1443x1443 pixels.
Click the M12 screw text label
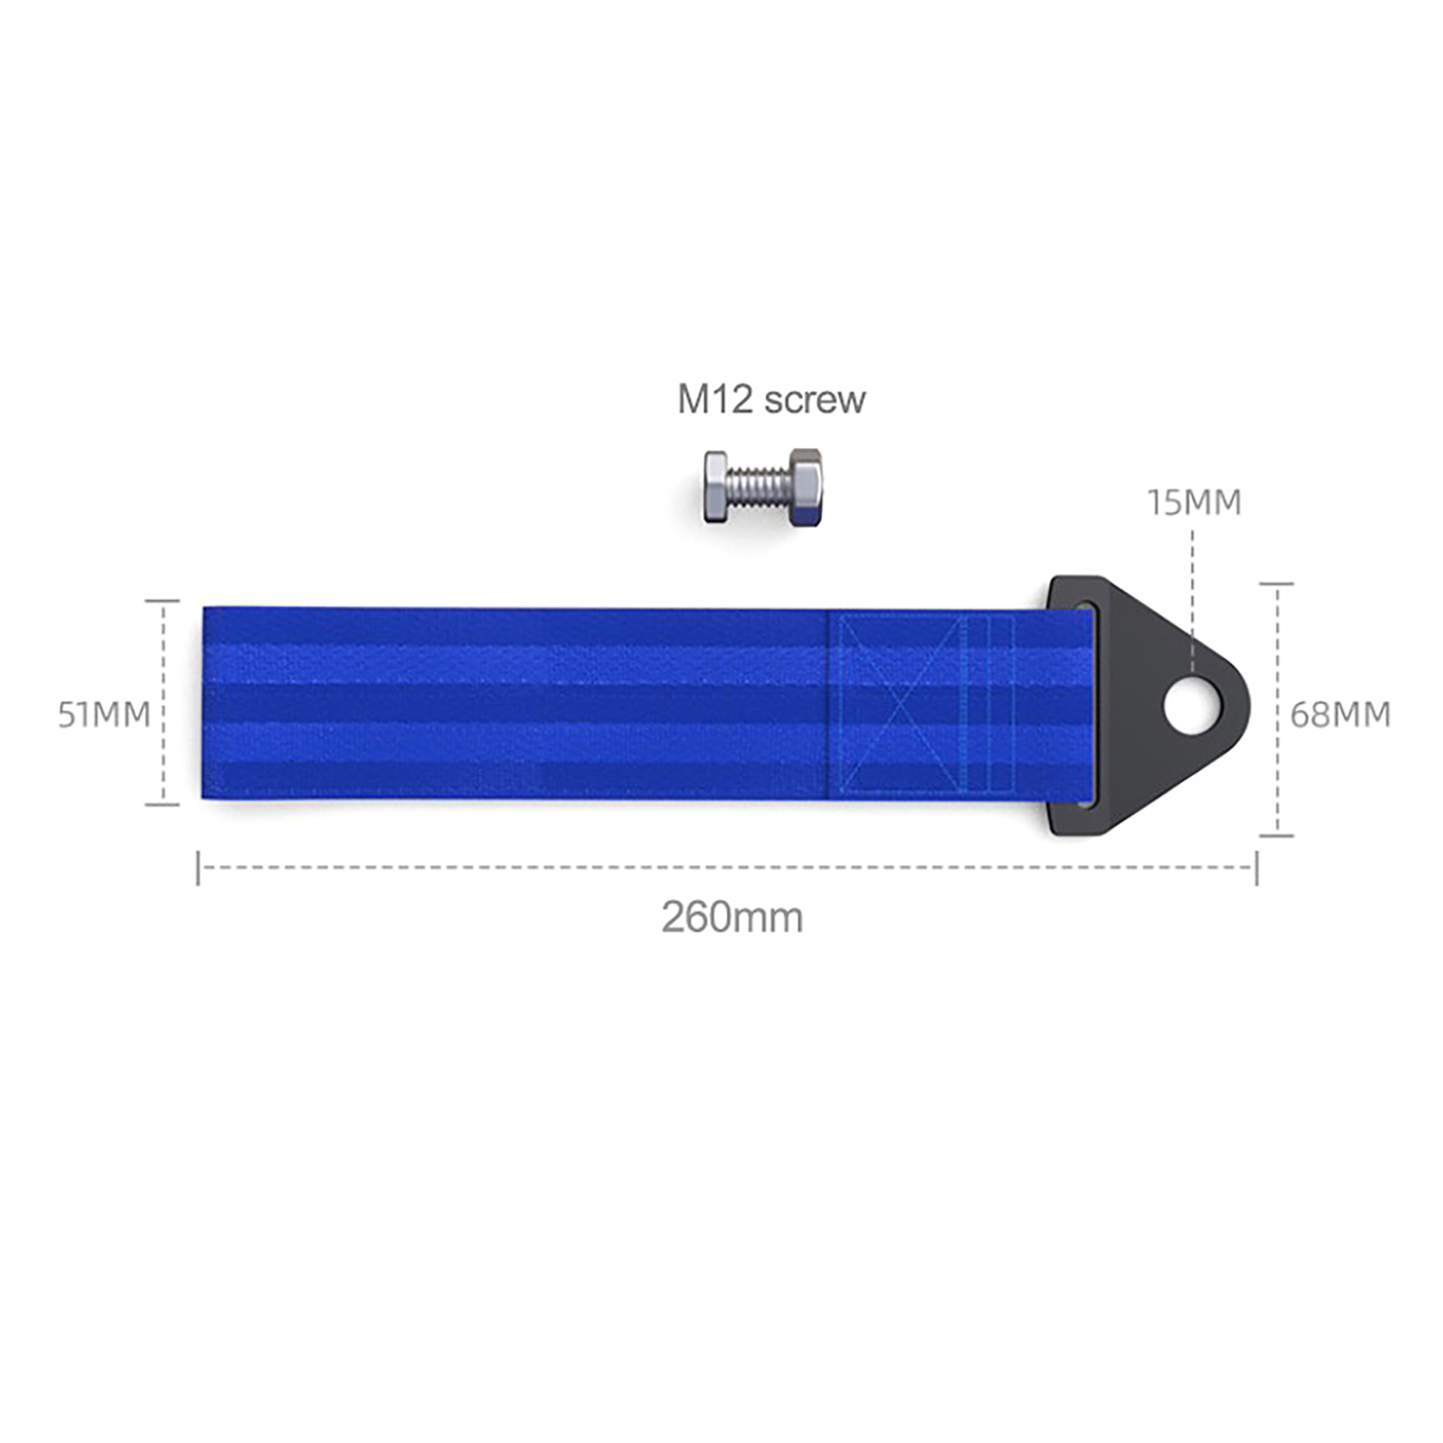point(771,400)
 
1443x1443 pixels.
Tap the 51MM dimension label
point(105,715)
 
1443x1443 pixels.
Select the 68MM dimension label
point(1340,715)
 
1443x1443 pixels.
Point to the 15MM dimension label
point(1194,502)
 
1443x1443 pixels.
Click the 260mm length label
point(732,918)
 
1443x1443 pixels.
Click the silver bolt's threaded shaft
point(758,488)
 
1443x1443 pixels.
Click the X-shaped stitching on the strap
point(903,704)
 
